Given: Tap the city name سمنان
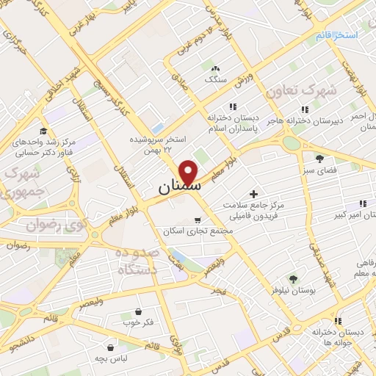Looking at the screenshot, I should pos(178,189).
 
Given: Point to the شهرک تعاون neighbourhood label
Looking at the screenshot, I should pos(332,91).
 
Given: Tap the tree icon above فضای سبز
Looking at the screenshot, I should pos(319,158).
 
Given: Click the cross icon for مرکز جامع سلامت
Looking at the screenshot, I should pos(254,195).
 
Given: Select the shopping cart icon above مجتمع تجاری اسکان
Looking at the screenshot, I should pos(197,220).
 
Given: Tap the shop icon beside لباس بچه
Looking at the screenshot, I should pos(110,347).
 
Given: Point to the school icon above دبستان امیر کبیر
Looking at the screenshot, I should pos(361,203).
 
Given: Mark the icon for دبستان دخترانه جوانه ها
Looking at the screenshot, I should pos(339,321).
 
